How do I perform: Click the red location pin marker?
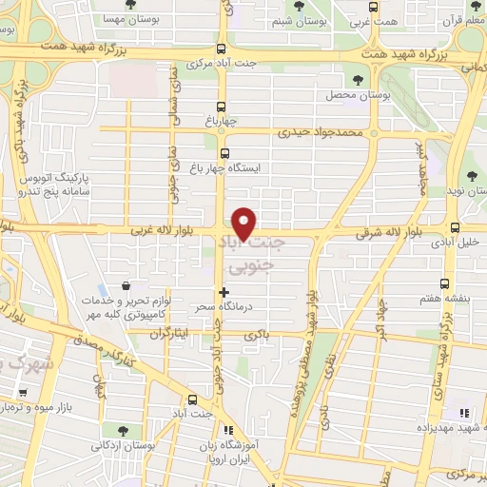point(245,223)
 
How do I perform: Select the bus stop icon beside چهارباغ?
point(222,107)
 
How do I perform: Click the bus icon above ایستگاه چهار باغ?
point(225,153)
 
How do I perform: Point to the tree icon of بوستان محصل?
point(359,80)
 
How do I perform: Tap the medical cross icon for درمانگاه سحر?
point(224,291)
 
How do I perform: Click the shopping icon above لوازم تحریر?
point(127,286)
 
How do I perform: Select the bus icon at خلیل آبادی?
point(456,228)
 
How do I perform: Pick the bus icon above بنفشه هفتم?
point(445,282)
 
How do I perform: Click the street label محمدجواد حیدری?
point(321,133)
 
